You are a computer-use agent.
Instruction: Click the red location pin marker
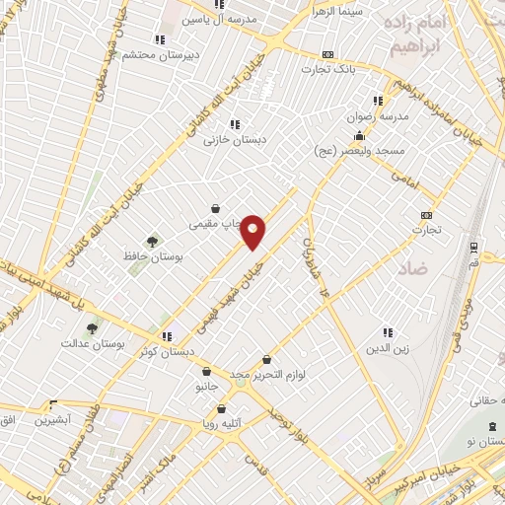click(253, 231)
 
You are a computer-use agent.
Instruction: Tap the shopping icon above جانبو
click(205, 372)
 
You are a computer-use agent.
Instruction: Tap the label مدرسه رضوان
click(369, 116)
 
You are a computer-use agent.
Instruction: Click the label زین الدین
click(387, 348)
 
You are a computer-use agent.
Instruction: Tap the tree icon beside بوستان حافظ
click(153, 242)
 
